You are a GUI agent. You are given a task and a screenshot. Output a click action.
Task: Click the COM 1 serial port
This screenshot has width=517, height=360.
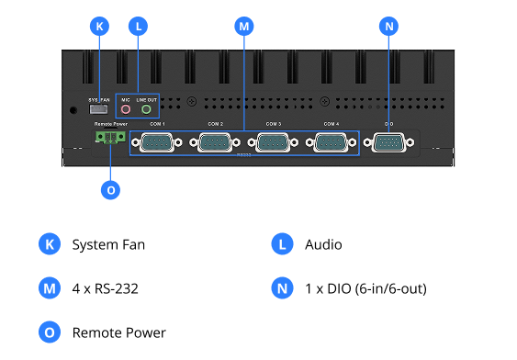(157, 142)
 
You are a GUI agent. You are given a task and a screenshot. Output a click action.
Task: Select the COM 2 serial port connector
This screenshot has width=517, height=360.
(215, 142)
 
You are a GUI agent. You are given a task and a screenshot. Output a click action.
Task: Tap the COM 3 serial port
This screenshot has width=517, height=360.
(273, 142)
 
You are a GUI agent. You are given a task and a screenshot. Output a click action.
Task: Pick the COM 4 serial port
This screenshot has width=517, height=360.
(331, 142)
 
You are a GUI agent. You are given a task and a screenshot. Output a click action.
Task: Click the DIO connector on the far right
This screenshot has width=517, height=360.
(388, 142)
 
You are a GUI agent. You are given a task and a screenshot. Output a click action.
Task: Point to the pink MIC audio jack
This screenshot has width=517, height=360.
(126, 109)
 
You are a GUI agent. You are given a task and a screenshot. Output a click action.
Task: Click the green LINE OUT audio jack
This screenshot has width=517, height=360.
(146, 109)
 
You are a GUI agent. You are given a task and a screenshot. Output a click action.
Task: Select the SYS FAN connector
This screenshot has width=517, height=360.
(99, 109)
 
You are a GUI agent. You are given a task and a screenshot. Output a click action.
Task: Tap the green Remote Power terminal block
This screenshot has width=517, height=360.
(110, 138)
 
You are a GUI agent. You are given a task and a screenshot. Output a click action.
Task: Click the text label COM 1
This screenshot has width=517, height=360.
(157, 123)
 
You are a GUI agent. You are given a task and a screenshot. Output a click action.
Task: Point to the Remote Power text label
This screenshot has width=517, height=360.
(110, 123)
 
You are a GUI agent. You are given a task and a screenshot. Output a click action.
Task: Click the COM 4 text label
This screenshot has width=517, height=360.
(331, 123)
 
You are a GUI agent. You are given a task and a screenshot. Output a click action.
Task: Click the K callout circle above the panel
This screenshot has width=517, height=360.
(99, 27)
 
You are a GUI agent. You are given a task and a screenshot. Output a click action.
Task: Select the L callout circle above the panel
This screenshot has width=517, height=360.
(138, 27)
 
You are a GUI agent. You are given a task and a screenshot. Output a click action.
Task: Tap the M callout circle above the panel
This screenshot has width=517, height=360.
(243, 27)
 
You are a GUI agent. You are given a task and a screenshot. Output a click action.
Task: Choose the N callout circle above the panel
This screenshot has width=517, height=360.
(388, 27)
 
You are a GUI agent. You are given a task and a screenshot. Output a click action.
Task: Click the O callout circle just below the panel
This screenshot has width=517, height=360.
(110, 190)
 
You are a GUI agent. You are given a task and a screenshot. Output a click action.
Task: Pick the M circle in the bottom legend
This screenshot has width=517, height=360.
(50, 288)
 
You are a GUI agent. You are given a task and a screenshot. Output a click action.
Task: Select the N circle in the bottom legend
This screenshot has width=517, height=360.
(283, 288)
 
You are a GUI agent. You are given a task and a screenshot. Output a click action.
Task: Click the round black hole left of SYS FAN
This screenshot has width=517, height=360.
(74, 110)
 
